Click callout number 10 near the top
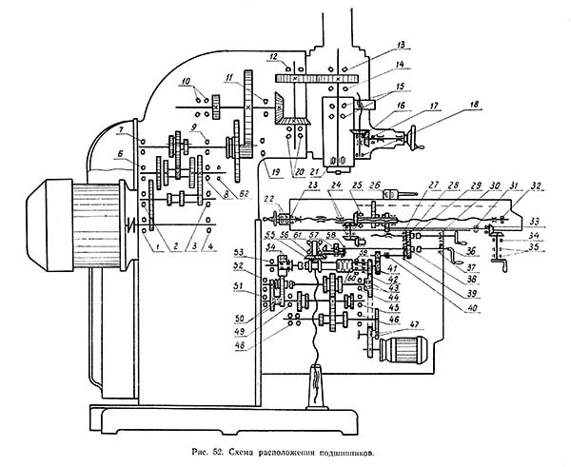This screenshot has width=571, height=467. tap(186, 80)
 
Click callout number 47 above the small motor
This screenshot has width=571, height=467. tap(415, 325)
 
